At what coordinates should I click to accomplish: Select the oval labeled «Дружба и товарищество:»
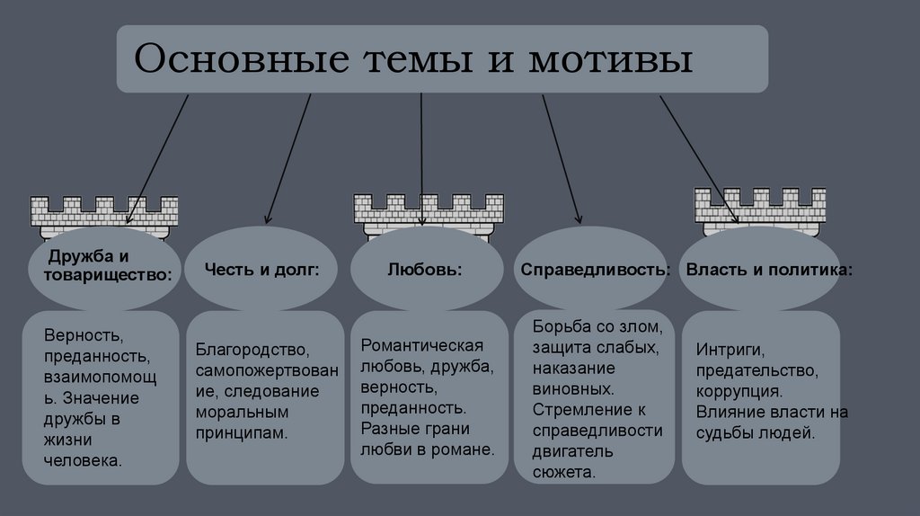[104, 267]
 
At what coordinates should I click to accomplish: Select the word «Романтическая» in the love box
[421, 345]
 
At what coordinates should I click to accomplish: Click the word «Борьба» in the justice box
[559, 325]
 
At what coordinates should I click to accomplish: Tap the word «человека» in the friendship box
[84, 459]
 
